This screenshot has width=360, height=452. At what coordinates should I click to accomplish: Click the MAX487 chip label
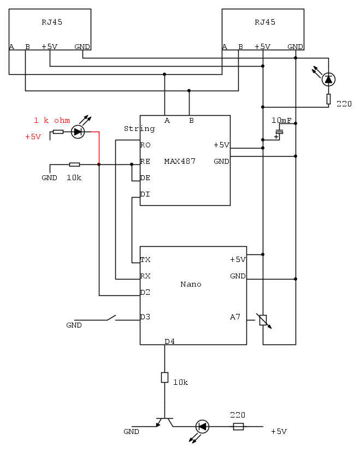pos(180,162)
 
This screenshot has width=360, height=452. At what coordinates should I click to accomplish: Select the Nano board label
pos(191,284)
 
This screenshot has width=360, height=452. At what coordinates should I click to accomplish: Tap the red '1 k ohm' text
pos(52,121)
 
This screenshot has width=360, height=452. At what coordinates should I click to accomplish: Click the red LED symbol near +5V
pos(78,132)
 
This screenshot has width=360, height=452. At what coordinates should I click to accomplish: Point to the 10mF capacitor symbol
pos(279,132)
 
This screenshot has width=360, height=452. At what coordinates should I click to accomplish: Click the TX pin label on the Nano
pos(145,260)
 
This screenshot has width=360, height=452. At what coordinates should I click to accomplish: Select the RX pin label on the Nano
pos(145,276)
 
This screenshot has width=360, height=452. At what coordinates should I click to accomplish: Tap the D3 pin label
pos(145,317)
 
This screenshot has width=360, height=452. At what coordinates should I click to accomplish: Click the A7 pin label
pos(235,317)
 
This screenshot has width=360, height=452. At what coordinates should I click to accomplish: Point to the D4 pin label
pos(170,342)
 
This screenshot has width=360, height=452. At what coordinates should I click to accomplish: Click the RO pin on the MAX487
pos(145,145)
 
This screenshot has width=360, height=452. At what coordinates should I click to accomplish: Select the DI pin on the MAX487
pos(145,194)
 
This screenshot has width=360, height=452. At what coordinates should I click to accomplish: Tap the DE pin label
pos(145,178)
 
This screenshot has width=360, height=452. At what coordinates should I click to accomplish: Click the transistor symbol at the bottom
pos(164,421)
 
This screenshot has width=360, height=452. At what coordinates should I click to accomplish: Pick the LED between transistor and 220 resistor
pos(202,426)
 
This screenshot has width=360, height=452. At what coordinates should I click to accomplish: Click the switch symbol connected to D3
pos(111,317)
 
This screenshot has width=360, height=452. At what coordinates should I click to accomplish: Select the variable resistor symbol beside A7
pos(263,320)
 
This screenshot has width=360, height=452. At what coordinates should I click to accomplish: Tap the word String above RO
pos(139,129)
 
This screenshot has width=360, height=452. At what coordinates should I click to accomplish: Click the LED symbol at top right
pos(328,79)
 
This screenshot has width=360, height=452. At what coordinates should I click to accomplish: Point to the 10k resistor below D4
pos(164,377)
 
